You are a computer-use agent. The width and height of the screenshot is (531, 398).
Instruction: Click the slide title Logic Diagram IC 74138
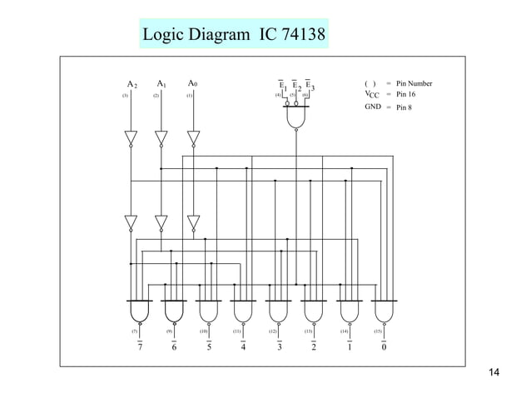(234, 36)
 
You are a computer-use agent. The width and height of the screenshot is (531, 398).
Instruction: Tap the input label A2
(131, 85)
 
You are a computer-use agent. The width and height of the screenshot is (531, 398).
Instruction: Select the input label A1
(161, 84)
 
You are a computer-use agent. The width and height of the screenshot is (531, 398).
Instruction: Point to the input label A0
(193, 84)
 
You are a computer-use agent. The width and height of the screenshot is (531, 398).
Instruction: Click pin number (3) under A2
(125, 97)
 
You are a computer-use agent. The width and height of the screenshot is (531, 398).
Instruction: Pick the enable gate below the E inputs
(296, 119)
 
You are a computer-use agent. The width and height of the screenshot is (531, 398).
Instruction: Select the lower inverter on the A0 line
(194, 223)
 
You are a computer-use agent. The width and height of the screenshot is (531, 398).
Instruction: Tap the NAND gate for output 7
(138, 311)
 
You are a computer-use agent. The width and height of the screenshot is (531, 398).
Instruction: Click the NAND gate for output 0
(383, 311)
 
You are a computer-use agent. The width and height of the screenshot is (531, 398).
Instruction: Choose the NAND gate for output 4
(243, 311)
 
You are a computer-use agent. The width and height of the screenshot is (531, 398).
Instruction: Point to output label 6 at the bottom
(173, 348)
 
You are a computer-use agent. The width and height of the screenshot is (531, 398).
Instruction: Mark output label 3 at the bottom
(279, 348)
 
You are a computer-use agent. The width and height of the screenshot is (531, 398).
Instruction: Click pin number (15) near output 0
(379, 331)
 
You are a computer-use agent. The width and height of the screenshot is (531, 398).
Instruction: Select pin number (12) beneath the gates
(273, 331)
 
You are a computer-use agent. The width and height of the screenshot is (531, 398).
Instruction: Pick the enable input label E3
(310, 86)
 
